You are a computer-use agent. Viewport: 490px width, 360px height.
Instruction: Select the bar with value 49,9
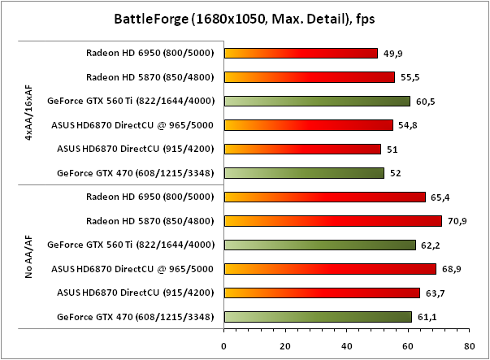(301, 54)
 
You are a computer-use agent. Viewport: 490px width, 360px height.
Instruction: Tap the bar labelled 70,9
(332, 220)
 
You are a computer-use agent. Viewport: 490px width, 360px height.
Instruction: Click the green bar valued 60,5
(317, 102)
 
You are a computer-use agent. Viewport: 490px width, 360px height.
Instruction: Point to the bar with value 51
(302, 149)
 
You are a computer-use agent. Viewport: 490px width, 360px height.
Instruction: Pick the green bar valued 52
(304, 172)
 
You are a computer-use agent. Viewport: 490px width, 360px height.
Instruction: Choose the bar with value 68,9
(330, 268)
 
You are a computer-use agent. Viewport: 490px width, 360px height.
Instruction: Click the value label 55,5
(409, 78)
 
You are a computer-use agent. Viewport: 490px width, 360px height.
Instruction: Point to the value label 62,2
(429, 245)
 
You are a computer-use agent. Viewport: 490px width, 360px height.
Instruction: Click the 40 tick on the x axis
(346, 345)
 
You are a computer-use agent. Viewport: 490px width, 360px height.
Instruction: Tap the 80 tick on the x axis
(468, 345)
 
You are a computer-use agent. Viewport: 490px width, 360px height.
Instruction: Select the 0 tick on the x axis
(224, 345)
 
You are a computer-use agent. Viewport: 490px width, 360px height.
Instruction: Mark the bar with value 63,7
(322, 292)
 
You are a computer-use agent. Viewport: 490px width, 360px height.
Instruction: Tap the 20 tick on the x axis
(285, 345)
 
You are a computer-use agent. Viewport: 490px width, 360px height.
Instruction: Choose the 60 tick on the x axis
(407, 345)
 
